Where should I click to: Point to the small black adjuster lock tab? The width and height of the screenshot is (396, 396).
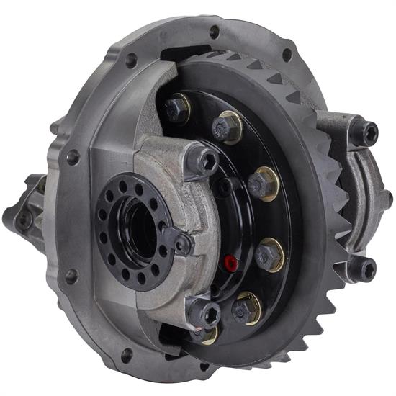178,241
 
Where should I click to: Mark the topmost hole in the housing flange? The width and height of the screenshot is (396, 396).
214,32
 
